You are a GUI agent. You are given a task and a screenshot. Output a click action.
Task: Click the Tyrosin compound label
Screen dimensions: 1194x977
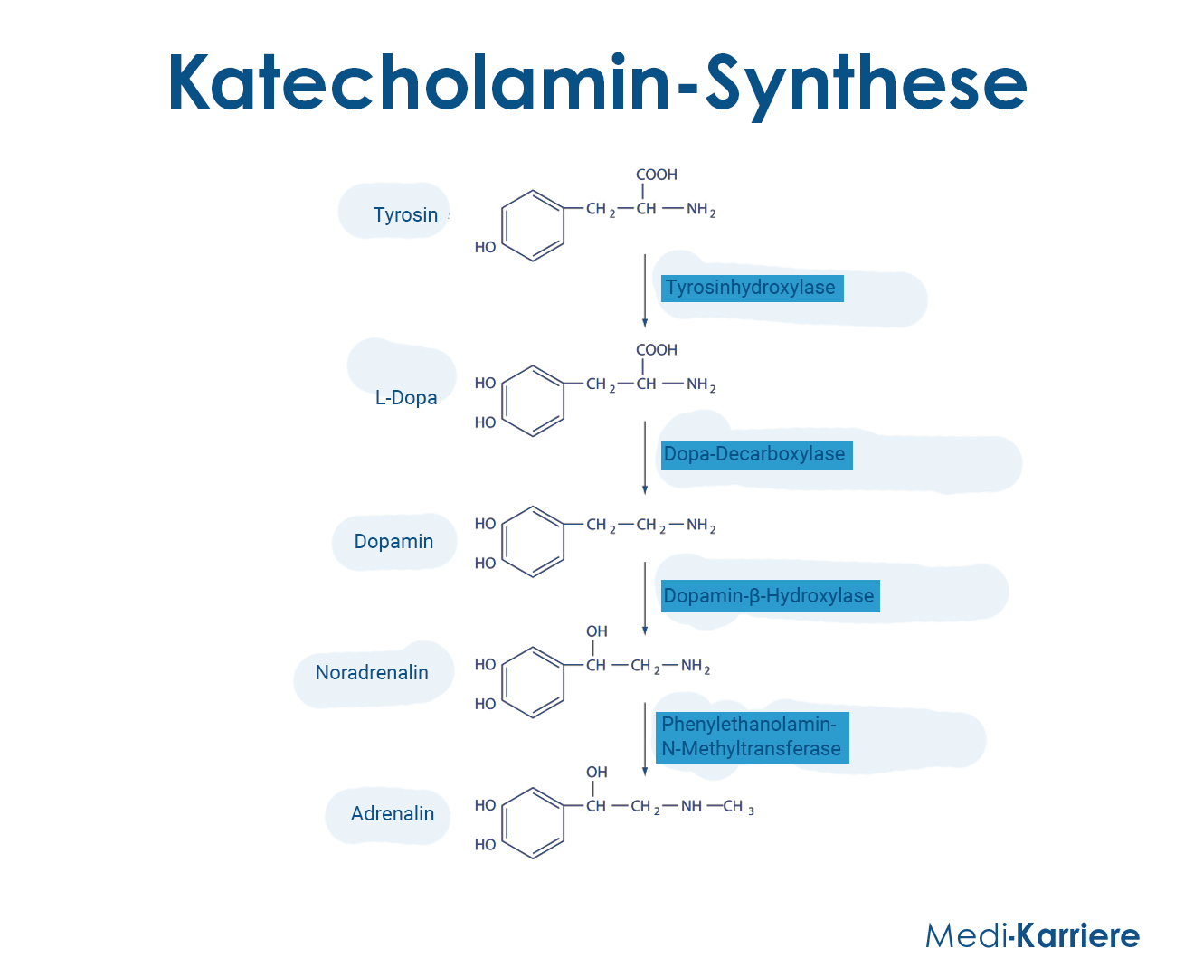click(x=405, y=215)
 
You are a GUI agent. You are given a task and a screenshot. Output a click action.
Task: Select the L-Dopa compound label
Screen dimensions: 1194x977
click(x=406, y=398)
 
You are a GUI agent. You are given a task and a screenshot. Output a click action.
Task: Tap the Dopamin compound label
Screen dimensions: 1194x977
click(x=393, y=542)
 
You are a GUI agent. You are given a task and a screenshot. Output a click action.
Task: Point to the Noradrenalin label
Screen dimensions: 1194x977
click(x=372, y=673)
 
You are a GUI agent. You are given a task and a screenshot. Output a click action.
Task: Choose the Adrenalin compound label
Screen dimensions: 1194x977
click(x=393, y=814)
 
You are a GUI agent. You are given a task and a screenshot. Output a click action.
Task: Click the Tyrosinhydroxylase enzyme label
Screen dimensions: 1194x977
click(x=752, y=289)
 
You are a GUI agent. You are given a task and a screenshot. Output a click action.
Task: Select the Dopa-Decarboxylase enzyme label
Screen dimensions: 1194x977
click(x=756, y=455)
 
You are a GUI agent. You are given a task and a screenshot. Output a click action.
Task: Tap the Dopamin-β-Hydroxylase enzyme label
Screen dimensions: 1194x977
click(x=770, y=596)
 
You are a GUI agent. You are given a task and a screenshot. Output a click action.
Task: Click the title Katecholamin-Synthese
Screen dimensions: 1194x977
click(x=597, y=84)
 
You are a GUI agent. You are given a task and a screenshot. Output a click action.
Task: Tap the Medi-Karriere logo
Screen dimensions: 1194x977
click(x=1032, y=935)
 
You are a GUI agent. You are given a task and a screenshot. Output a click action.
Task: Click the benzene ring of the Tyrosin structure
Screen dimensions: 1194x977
click(x=503, y=225)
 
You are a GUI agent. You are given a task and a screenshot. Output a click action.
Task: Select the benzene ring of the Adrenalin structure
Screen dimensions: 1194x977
click(x=503, y=823)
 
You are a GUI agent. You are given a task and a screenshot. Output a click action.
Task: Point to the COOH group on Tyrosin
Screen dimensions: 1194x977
click(x=656, y=175)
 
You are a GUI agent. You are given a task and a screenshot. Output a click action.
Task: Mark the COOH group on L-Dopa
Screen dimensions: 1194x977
click(x=656, y=350)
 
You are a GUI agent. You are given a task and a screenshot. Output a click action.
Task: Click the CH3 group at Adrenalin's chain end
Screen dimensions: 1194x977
click(x=738, y=807)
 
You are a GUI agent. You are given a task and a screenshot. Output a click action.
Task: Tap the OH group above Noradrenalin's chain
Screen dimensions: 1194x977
click(x=597, y=631)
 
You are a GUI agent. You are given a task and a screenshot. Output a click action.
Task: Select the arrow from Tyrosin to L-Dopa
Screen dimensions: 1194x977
click(x=644, y=290)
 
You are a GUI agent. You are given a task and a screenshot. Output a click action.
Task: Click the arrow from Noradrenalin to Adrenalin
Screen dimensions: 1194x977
click(x=644, y=739)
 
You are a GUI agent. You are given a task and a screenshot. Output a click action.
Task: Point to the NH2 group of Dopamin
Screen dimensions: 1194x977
click(x=701, y=526)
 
